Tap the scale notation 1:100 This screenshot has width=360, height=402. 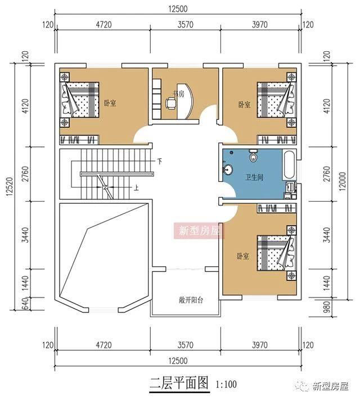pos(226,386)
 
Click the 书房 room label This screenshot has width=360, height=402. pos(178,93)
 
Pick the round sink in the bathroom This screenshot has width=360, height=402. pos(228,169)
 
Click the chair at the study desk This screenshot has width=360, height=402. pos(170,102)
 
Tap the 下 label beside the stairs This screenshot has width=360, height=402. pos(159,162)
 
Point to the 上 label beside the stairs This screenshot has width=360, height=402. pos(136,188)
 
